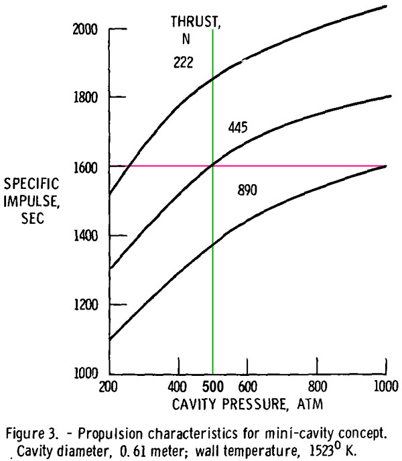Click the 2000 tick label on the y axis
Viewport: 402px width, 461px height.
click(x=85, y=29)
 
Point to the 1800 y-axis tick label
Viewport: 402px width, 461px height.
click(x=85, y=97)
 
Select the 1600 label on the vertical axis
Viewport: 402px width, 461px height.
click(x=85, y=168)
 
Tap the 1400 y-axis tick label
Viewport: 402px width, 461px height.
click(x=85, y=236)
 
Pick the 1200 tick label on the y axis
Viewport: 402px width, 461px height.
click(x=85, y=305)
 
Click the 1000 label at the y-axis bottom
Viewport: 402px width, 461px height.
click(x=85, y=373)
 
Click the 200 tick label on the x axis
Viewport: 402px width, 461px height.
click(x=109, y=387)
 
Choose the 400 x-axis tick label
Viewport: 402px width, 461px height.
click(x=177, y=387)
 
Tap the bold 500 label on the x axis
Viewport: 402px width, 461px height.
click(x=213, y=387)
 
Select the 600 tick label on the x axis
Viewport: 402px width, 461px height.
click(x=248, y=387)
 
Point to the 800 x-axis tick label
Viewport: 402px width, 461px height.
click(x=318, y=387)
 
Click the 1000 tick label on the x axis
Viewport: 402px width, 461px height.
click(x=386, y=386)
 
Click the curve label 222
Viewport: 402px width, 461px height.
click(x=183, y=62)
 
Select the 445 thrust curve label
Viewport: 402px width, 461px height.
click(x=238, y=127)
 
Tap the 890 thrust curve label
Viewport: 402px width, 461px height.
click(x=247, y=190)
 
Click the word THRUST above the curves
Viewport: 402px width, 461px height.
click(x=194, y=22)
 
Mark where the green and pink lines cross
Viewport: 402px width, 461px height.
click(x=212, y=166)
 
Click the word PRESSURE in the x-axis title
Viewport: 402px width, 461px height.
click(x=253, y=404)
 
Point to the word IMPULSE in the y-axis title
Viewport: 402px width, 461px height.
click(x=31, y=202)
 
